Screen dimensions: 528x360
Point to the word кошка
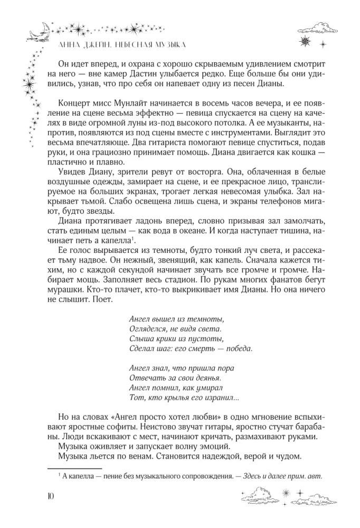304,156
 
